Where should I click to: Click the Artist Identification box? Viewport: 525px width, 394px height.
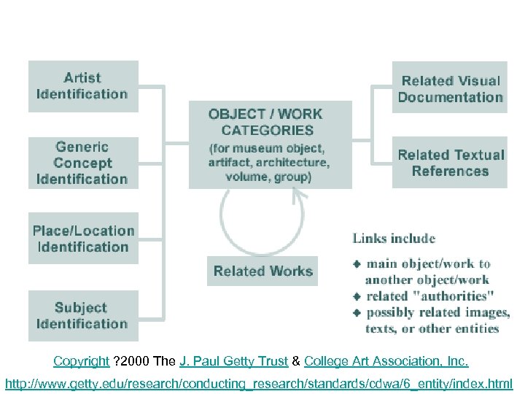[82, 86]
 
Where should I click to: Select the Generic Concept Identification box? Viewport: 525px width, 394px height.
[82, 163]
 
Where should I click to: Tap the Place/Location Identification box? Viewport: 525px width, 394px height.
[82, 239]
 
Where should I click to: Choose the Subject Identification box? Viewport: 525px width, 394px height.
[82, 316]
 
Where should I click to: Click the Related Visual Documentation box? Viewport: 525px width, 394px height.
[450, 89]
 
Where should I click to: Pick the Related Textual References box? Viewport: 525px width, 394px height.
[450, 163]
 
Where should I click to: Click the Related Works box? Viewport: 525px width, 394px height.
[262, 271]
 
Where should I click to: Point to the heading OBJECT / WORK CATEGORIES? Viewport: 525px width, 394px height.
[265, 122]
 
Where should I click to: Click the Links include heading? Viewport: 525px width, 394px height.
[394, 239]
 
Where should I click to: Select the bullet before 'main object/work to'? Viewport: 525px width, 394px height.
[357, 263]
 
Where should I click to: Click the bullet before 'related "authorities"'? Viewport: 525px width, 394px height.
[357, 296]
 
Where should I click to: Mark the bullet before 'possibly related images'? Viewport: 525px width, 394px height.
[357, 312]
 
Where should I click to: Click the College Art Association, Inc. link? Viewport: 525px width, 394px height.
[386, 361]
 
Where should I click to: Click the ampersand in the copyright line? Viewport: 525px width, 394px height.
[296, 361]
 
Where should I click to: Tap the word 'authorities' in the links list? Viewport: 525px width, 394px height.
[457, 296]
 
